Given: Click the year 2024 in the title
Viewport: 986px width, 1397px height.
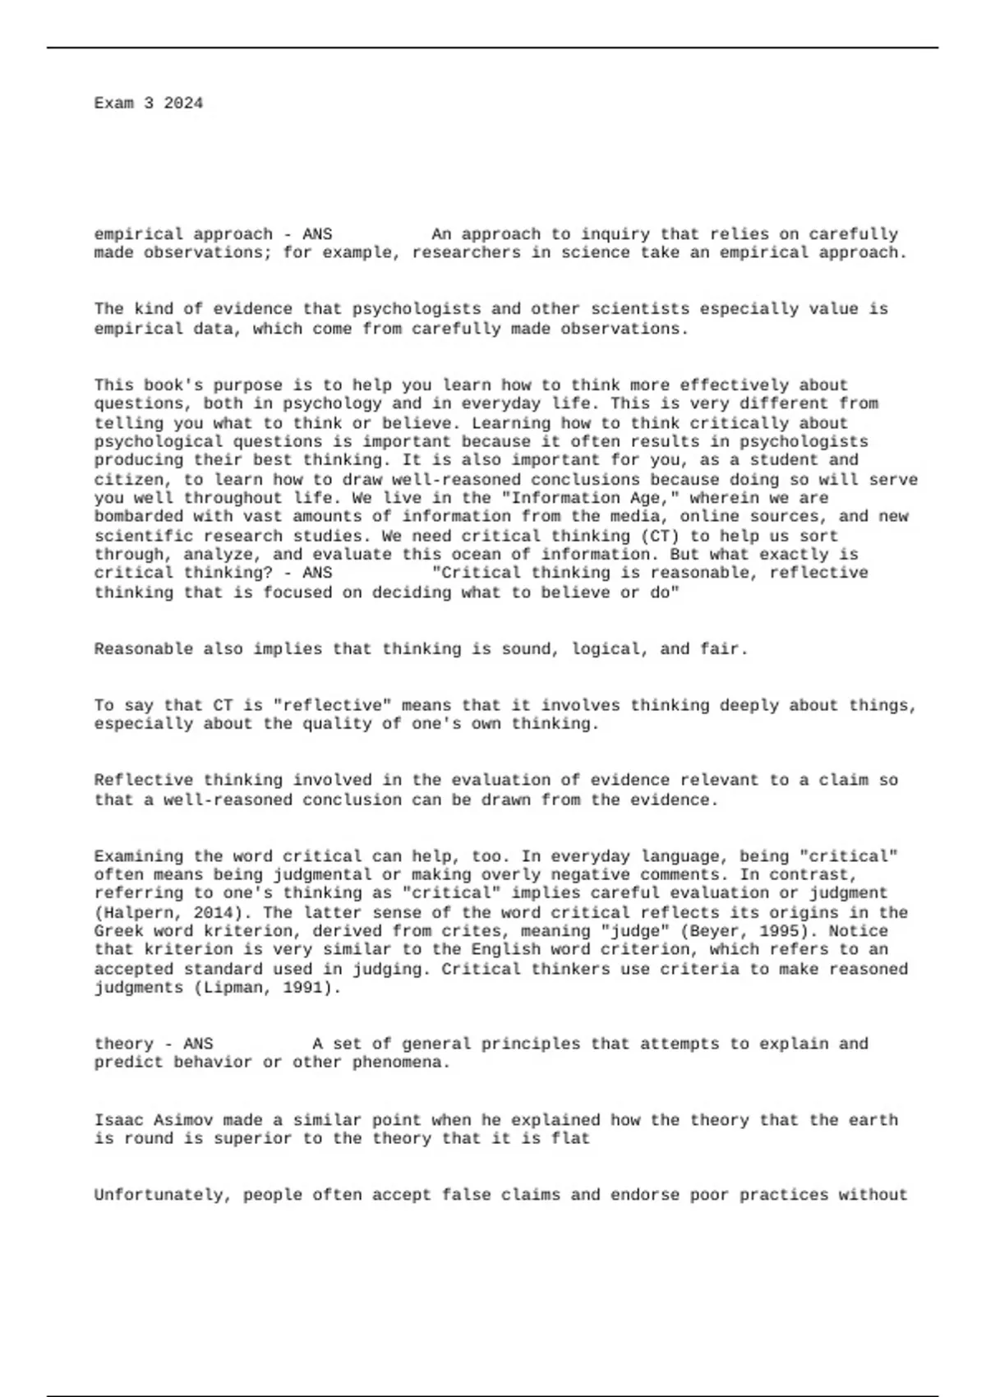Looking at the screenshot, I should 183,104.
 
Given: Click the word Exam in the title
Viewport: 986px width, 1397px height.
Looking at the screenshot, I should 114,104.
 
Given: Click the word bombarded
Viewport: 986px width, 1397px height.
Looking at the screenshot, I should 139,517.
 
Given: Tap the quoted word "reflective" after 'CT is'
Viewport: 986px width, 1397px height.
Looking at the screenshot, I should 332,706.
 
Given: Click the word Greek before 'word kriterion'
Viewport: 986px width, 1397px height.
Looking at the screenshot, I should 119,932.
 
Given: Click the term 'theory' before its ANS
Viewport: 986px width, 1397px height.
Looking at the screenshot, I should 124,1044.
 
